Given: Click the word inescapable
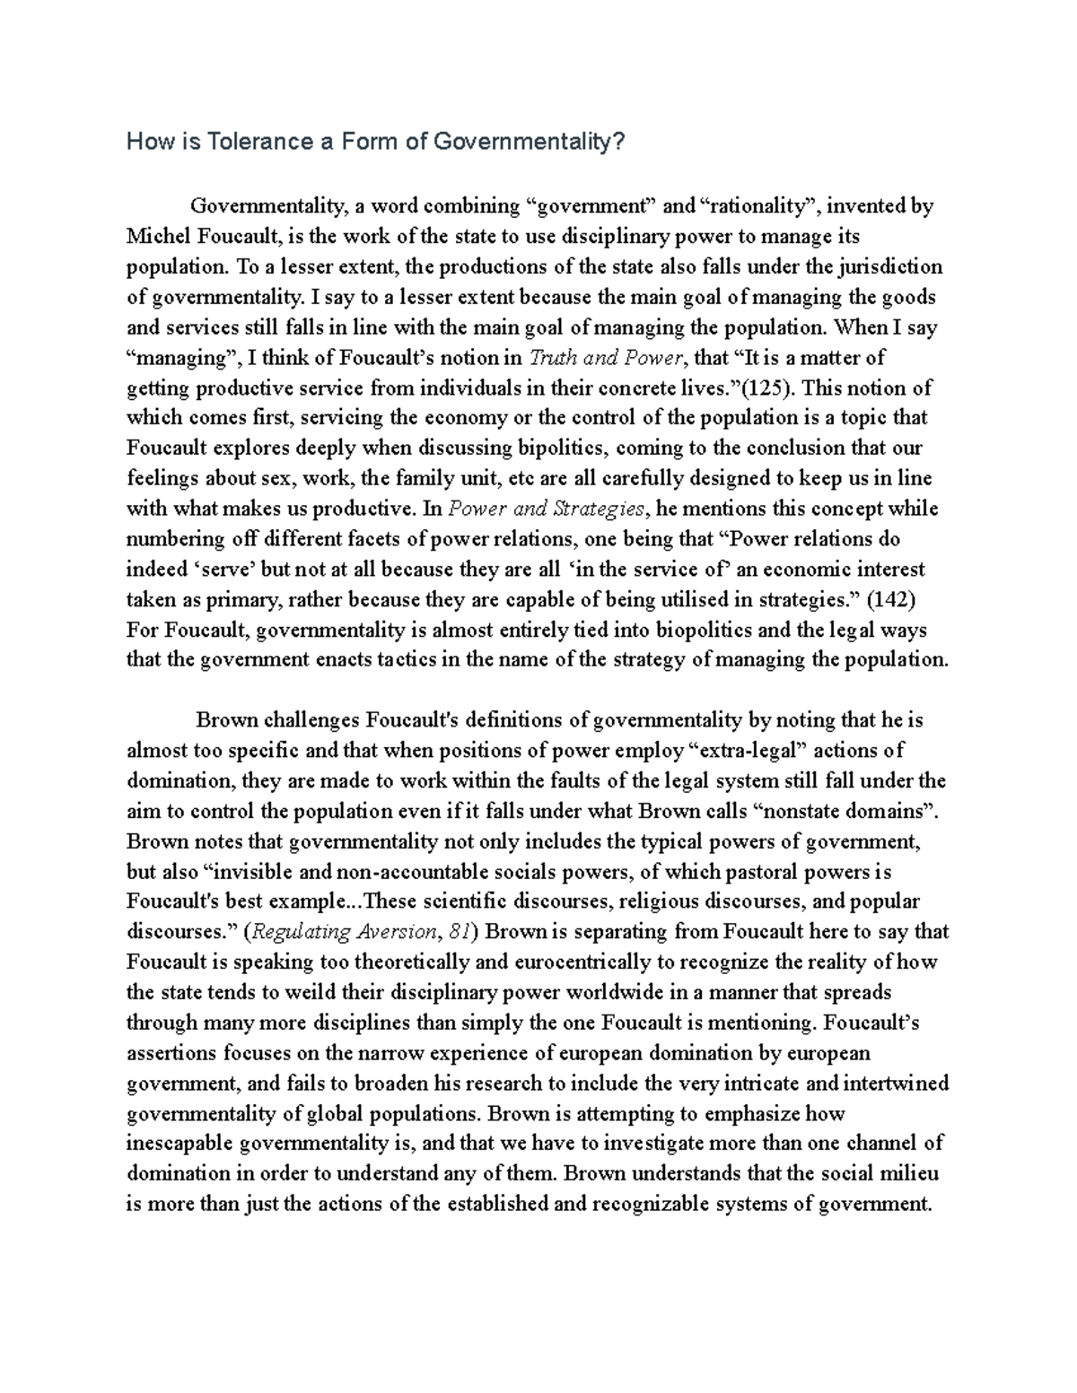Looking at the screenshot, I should (x=180, y=1144).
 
